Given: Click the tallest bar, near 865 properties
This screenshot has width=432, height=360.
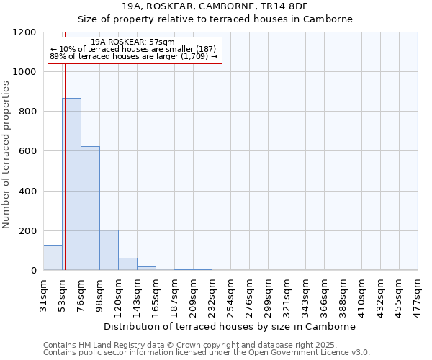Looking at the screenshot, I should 71,184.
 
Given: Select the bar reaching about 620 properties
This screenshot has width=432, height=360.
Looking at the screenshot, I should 90,208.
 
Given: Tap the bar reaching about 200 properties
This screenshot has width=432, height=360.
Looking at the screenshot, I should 109,250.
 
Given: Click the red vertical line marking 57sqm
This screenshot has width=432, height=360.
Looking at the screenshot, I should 65,144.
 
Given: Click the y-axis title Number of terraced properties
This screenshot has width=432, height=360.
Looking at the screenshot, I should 7,154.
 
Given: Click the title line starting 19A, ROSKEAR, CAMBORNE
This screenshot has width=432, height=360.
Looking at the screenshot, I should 215,6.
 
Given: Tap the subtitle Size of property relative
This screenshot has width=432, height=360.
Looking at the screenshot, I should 215,19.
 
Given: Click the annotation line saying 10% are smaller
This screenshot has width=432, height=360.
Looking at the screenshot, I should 133,49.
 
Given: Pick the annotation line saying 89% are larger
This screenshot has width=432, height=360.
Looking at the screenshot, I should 133,56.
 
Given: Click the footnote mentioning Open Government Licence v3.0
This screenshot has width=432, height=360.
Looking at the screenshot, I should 207,353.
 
